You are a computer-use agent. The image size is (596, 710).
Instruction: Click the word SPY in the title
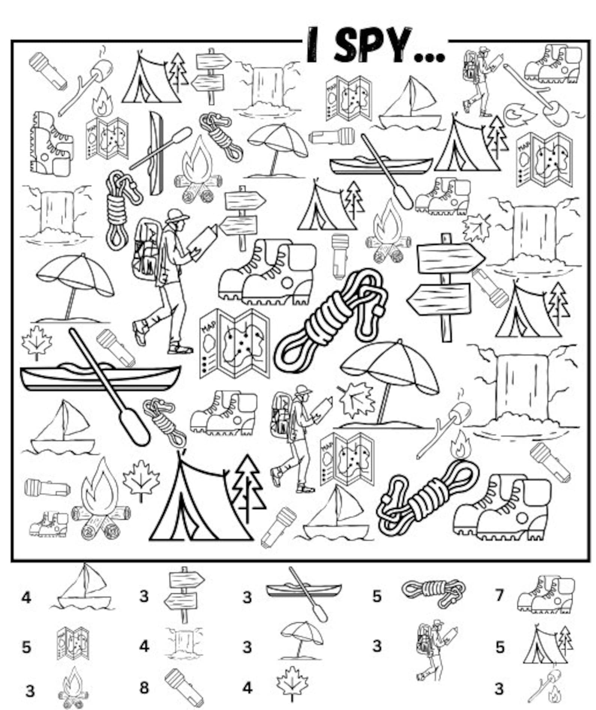point(372,46)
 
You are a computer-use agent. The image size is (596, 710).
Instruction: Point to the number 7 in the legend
point(498,595)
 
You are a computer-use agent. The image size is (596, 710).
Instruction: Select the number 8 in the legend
point(144,688)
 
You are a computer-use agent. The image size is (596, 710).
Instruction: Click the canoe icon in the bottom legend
point(304,592)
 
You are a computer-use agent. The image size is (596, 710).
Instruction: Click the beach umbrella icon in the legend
point(302,641)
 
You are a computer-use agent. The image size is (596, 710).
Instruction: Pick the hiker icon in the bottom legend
point(435,649)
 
